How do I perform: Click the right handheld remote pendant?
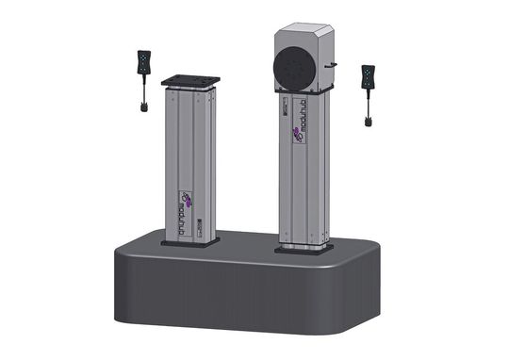click(x=368, y=79)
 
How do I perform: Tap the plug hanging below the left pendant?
click(x=143, y=106)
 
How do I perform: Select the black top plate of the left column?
click(x=190, y=80)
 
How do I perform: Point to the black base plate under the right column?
click(x=304, y=249)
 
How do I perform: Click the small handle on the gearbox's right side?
click(x=331, y=66)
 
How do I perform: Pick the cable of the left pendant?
click(x=143, y=93)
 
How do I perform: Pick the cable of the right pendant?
click(x=367, y=105)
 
